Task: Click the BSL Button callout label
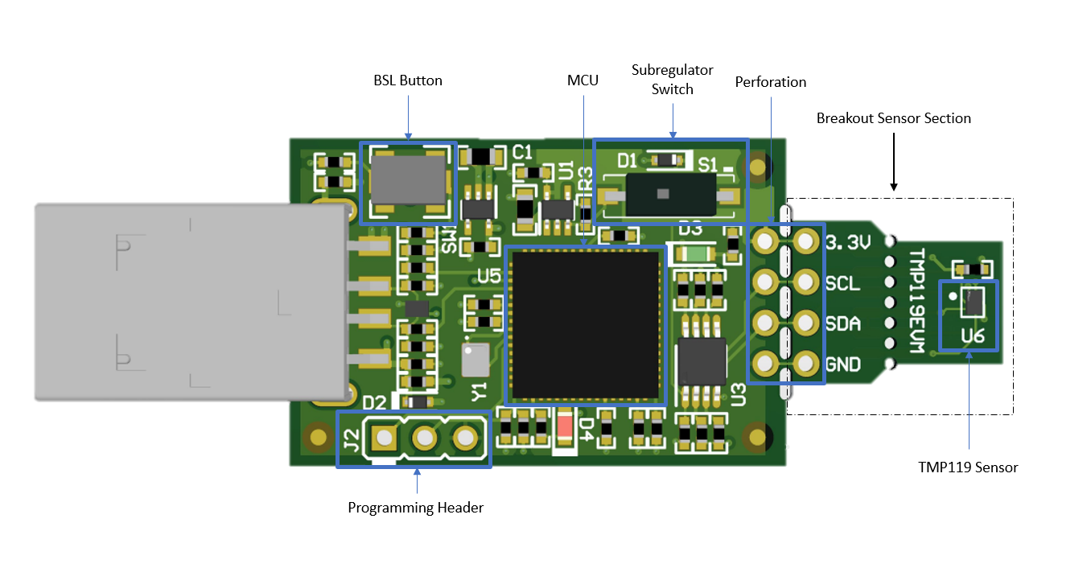pyautogui.click(x=408, y=80)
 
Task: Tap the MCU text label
pyautogui.click(x=583, y=80)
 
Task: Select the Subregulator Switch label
pyautogui.click(x=672, y=80)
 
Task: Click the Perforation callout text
pyautogui.click(x=770, y=82)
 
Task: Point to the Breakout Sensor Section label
pyautogui.click(x=893, y=118)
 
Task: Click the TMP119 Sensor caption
pyautogui.click(x=968, y=467)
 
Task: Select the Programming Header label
pyautogui.click(x=415, y=508)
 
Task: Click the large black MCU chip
pyautogui.click(x=586, y=324)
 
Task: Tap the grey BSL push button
pyautogui.click(x=407, y=179)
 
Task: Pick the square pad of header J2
pyautogui.click(x=384, y=438)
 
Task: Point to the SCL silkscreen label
pyautogui.click(x=842, y=283)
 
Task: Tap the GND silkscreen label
pyautogui.click(x=842, y=364)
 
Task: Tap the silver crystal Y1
pyautogui.click(x=474, y=359)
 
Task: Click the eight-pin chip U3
pyautogui.click(x=702, y=360)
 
